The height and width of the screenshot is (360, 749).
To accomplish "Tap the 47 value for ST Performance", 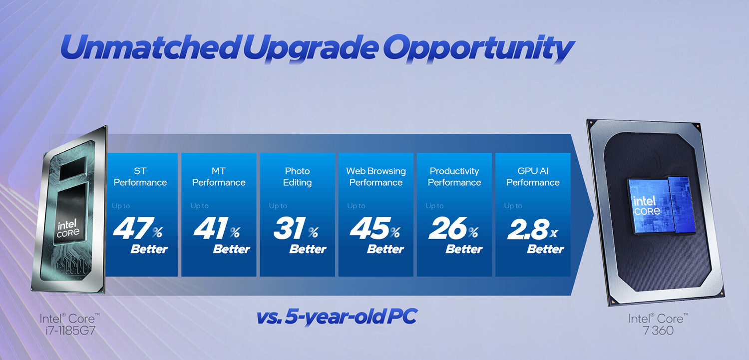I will (131, 229).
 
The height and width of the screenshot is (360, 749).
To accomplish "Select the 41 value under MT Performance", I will (210, 229).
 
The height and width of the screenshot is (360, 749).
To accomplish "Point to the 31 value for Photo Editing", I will (289, 229).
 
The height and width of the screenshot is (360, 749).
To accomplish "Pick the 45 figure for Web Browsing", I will (369, 229).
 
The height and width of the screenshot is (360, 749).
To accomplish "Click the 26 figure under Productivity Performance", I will (447, 229).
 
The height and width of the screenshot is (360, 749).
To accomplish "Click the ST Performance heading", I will (140, 177).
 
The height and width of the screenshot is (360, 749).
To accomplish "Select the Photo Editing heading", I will (297, 177).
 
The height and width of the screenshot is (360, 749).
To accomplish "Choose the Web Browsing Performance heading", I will (376, 177).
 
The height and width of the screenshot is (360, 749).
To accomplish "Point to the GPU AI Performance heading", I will (533, 177).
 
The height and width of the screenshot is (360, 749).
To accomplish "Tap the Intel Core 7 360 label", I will (658, 324).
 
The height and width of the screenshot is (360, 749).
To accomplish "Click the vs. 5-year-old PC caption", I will (337, 317).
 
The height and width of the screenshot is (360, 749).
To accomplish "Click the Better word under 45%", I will (385, 249).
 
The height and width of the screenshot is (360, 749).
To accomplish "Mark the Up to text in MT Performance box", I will (199, 206).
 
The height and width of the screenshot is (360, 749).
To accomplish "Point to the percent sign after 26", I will (473, 232).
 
